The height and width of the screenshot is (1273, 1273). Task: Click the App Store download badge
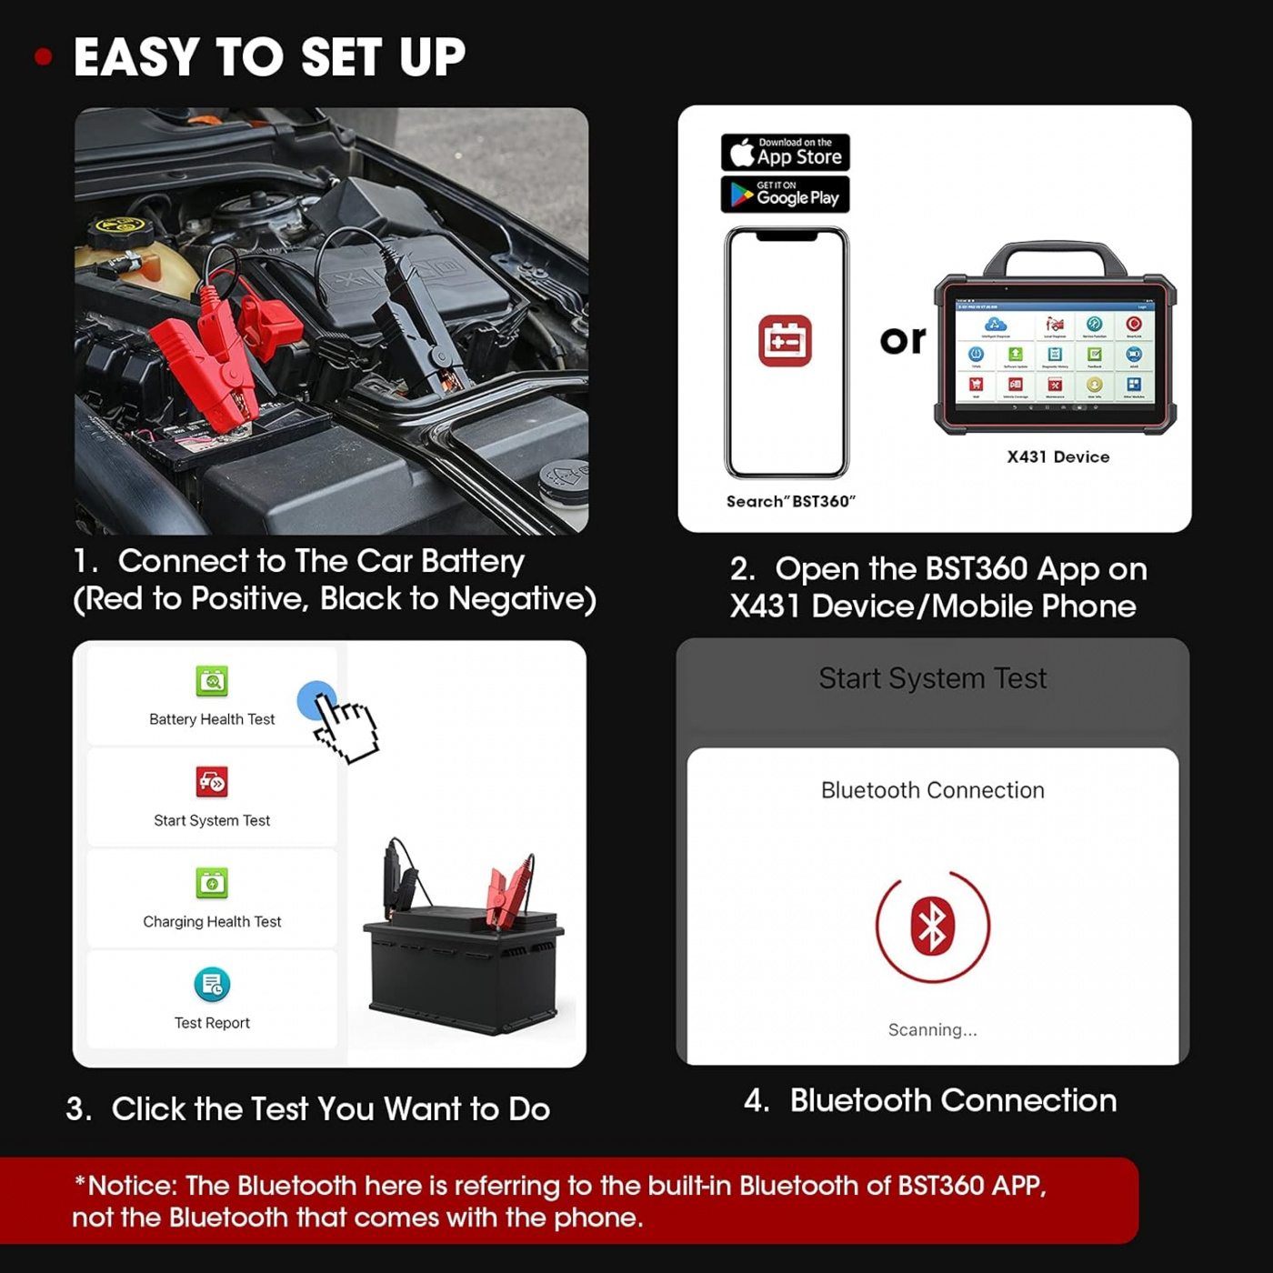785,152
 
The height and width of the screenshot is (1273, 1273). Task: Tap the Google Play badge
785,195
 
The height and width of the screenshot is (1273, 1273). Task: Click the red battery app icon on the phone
785,341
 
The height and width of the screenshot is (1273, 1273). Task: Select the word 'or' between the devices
902,340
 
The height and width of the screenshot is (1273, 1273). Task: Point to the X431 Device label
1057,456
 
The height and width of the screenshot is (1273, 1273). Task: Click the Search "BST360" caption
790,501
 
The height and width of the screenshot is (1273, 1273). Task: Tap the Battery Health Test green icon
212,681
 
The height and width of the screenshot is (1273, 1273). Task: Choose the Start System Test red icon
212,782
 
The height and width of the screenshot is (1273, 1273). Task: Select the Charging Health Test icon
212,883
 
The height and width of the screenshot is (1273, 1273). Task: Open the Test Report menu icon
212,984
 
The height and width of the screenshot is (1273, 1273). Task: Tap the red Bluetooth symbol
932,927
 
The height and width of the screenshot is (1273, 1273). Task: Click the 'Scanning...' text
932,1029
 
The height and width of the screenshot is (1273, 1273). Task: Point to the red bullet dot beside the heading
43,57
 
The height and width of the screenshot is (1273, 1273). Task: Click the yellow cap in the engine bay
119,226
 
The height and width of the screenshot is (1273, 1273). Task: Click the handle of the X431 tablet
1055,255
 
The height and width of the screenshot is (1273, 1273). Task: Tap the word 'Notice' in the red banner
133,1186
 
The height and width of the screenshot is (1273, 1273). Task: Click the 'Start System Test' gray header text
932,678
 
